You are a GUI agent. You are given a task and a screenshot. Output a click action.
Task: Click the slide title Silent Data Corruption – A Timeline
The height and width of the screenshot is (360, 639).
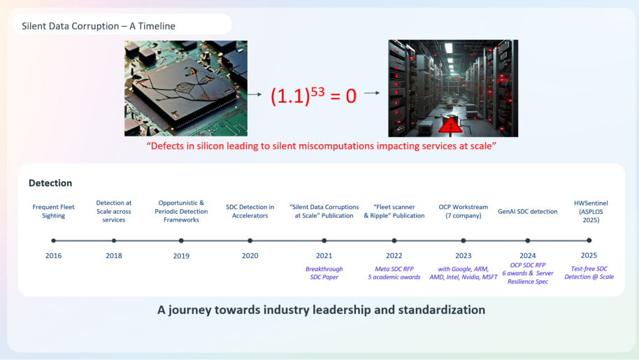click(98, 26)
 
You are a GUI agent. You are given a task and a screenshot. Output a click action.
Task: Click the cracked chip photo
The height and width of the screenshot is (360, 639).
click(186, 88)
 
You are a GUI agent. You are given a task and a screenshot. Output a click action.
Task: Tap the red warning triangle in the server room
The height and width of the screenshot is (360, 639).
click(450, 125)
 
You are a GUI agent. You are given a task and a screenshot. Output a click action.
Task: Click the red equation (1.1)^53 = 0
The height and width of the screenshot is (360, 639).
click(313, 95)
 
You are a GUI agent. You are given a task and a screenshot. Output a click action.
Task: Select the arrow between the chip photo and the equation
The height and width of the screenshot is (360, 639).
click(254, 94)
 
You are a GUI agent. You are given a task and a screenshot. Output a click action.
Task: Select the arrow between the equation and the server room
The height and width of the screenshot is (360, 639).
click(372, 93)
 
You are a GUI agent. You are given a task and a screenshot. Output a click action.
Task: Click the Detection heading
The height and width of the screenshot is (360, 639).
click(50, 183)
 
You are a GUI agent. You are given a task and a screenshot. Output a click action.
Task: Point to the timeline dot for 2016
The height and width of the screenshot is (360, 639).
click(53, 240)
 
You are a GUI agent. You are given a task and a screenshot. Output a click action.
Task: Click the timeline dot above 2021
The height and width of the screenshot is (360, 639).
click(324, 240)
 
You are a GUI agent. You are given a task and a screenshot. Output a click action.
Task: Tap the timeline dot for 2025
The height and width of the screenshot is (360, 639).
click(589, 240)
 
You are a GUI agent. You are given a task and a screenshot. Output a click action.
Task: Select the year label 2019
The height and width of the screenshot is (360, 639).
click(181, 256)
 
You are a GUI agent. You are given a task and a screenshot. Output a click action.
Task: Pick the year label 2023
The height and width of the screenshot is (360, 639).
click(464, 256)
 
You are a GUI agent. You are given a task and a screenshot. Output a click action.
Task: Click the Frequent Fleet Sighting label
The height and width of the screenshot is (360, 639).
click(53, 211)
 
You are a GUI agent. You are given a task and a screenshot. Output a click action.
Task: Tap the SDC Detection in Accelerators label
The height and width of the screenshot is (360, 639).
click(250, 211)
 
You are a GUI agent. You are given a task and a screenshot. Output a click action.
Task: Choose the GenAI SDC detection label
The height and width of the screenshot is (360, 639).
click(527, 211)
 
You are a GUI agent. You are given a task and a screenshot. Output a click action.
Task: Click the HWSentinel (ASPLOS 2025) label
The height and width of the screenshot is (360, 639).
click(591, 211)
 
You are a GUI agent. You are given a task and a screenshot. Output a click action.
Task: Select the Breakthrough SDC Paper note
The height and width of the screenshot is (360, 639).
click(324, 273)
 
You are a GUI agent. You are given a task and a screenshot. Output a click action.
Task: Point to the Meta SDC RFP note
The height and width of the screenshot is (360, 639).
click(394, 269)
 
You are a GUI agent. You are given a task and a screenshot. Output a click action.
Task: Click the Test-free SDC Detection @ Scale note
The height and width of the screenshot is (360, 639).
click(589, 273)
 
